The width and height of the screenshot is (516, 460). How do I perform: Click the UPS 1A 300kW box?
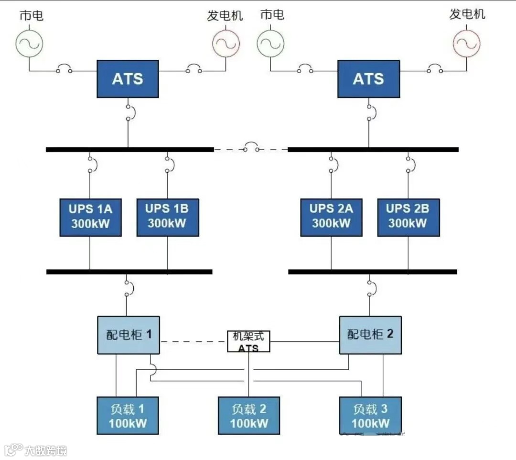point(90,217)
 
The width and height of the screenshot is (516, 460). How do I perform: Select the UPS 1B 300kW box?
point(167,217)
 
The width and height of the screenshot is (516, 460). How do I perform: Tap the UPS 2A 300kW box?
point(331,217)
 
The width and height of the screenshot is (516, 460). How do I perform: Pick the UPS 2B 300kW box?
point(408,217)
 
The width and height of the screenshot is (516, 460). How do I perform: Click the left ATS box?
point(128,79)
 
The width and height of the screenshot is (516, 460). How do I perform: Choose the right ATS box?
point(368,79)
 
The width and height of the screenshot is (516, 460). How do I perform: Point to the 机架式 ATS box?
point(248,341)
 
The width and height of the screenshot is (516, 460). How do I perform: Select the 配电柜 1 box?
point(129,335)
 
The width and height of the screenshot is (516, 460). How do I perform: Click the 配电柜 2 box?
point(370,335)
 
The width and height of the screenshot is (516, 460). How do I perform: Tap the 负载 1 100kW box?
point(128,416)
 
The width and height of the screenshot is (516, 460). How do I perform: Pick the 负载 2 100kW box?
point(248,416)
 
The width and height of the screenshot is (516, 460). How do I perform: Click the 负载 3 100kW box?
point(370,416)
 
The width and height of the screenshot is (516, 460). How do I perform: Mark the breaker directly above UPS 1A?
point(90,164)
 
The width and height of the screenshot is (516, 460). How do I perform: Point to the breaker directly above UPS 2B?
point(409,164)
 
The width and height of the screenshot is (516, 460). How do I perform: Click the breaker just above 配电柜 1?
point(128,287)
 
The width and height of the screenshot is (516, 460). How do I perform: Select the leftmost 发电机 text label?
point(225,15)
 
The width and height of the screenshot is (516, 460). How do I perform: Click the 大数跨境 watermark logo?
point(35,450)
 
